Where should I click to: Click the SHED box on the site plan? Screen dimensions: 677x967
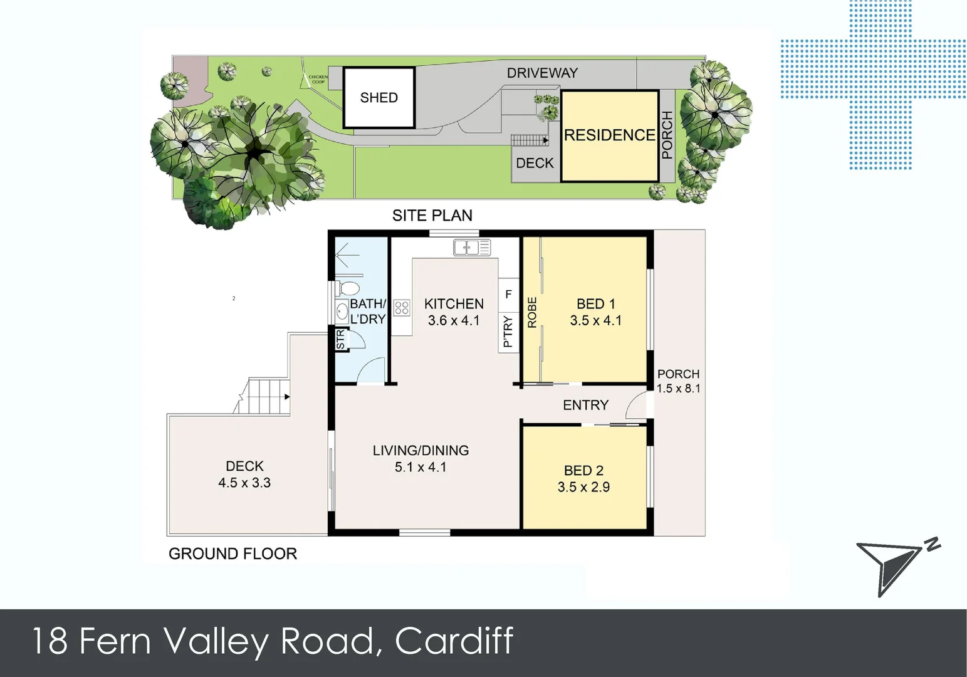click(x=379, y=97)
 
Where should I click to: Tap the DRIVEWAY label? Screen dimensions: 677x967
click(x=541, y=73)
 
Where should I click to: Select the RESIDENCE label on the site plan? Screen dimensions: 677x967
click(x=609, y=135)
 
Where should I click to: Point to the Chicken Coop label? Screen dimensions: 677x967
click(x=318, y=80)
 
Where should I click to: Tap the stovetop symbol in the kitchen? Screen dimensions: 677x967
click(x=402, y=308)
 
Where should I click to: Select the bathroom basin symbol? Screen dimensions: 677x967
click(x=342, y=310)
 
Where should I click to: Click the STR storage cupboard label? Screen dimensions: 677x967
click(x=340, y=340)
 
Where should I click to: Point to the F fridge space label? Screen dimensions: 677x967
click(x=508, y=294)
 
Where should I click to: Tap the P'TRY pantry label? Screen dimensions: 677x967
click(x=508, y=332)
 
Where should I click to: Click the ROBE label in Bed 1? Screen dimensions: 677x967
click(x=532, y=312)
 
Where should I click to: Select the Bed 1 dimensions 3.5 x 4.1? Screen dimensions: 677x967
click(x=595, y=320)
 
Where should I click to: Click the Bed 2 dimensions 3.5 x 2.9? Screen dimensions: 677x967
click(x=583, y=487)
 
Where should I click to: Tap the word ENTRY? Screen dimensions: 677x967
click(x=585, y=405)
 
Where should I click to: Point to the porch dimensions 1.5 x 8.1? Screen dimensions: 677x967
click(x=678, y=388)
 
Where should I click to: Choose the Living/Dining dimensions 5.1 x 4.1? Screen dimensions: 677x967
click(x=421, y=467)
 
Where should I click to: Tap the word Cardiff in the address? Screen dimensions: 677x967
click(x=454, y=641)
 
